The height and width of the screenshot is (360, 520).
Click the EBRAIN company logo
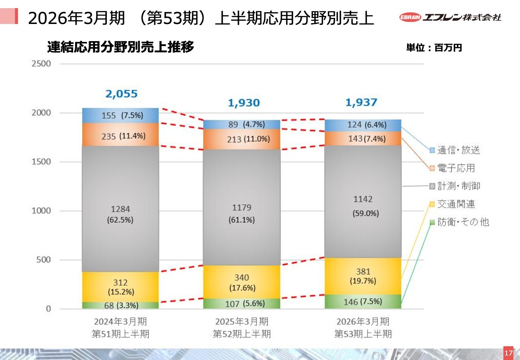point(450,17)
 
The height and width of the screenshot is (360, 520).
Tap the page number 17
point(508,353)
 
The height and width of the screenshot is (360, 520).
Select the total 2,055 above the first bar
point(121,94)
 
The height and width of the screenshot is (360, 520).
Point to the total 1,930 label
point(243,103)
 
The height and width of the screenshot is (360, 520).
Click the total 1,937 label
point(361,102)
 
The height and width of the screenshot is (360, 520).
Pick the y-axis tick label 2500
point(41,64)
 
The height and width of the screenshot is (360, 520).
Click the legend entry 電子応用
point(452,168)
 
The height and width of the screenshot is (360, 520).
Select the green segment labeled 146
point(363,301)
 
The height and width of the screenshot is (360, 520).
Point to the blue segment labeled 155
point(120,116)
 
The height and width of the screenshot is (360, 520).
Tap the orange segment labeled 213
point(241,139)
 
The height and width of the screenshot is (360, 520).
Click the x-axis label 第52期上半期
point(242,334)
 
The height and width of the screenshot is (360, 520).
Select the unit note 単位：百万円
point(434,48)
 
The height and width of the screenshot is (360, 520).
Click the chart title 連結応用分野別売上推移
point(121,48)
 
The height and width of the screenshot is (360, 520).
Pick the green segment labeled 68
point(120,305)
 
